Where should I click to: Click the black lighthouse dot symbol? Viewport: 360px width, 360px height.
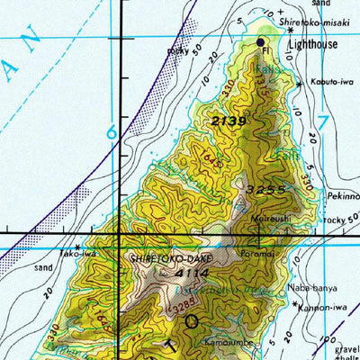tap(262, 42)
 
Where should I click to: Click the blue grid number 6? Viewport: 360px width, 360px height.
tap(112, 132)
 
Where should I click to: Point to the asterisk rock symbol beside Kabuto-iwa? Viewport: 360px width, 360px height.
tap(298, 83)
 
